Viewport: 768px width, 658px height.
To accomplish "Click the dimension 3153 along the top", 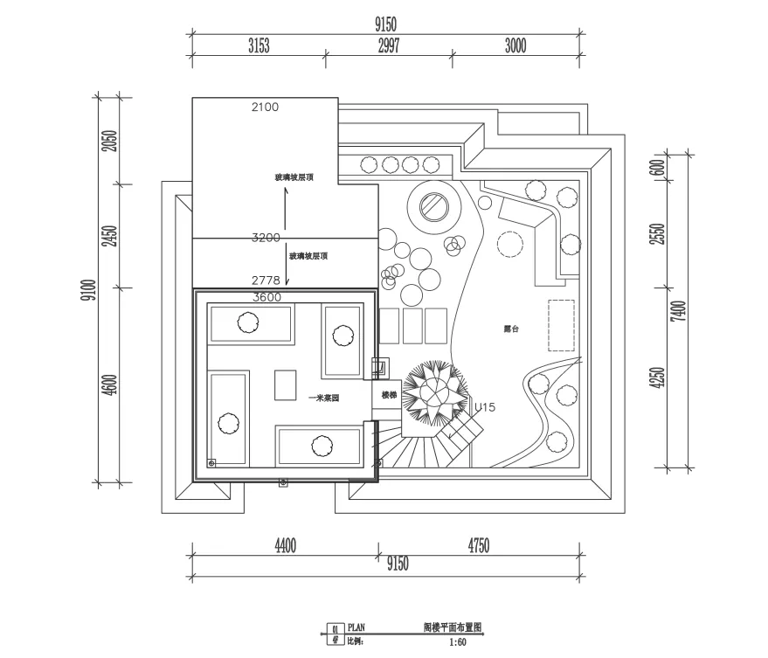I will pyautogui.click(x=259, y=47).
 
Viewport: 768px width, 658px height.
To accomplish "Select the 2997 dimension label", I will pyautogui.click(x=390, y=47).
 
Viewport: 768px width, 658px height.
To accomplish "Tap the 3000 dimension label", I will pyautogui.click(x=515, y=47).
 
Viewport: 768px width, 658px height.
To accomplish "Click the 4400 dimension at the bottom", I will pyautogui.click(x=285, y=547).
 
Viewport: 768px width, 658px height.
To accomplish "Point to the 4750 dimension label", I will pyautogui.click(x=479, y=547).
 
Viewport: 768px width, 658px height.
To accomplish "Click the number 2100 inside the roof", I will pyautogui.click(x=265, y=107).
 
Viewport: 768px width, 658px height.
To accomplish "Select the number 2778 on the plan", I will pyautogui.click(x=265, y=281).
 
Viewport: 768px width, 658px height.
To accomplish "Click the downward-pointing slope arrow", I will pyautogui.click(x=286, y=272).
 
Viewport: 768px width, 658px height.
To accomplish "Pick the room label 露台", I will pyautogui.click(x=512, y=329).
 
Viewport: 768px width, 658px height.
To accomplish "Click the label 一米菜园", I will pyautogui.click(x=324, y=397).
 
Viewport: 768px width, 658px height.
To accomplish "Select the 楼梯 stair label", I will pyautogui.click(x=389, y=395).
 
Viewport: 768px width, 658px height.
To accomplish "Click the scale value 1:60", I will pyautogui.click(x=458, y=642).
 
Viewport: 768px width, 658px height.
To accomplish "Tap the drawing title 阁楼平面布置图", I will pyautogui.click(x=453, y=627).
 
